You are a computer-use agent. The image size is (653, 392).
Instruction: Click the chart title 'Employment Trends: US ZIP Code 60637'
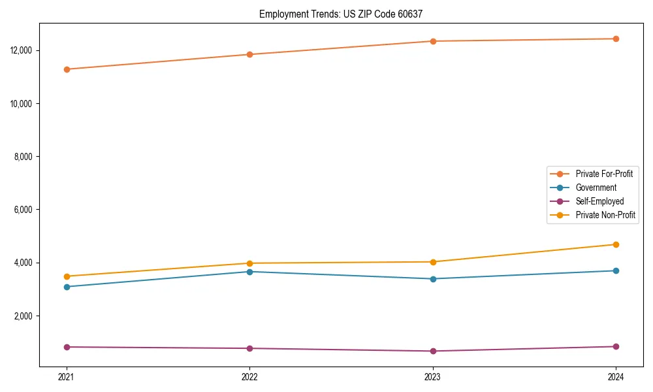coord(342,14)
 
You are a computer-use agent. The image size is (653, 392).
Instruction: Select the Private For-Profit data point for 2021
coord(67,69)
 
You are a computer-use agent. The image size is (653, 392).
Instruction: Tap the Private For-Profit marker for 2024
coord(616,39)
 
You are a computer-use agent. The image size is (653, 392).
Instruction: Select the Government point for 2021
coord(67,287)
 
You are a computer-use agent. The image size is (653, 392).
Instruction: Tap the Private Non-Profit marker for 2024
coord(616,244)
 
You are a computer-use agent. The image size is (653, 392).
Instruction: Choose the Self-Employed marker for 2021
coord(67,347)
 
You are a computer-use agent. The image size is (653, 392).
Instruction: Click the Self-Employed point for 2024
coord(616,346)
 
